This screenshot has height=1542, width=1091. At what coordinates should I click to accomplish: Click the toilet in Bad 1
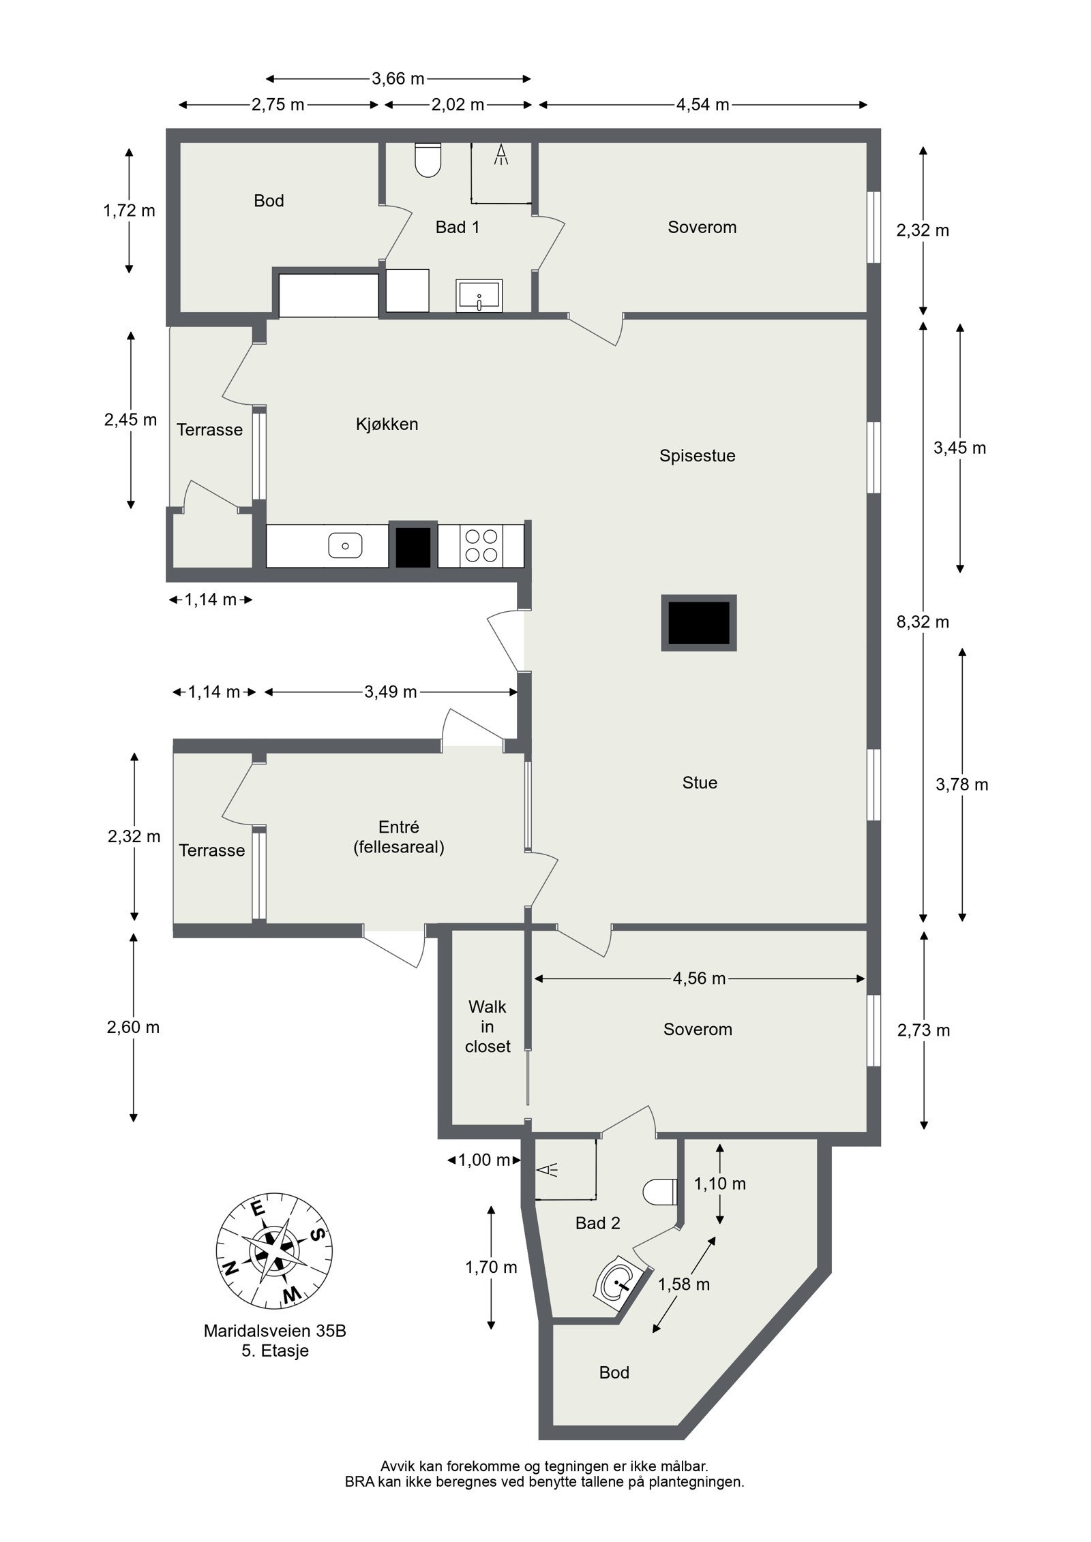428,160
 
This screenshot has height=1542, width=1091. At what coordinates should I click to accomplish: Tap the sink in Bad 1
479,295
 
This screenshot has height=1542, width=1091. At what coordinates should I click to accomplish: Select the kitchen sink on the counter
345,545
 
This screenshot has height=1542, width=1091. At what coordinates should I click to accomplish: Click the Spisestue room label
697,456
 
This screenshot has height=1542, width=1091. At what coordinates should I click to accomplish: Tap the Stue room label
700,782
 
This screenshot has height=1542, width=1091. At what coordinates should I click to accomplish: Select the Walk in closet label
488,1026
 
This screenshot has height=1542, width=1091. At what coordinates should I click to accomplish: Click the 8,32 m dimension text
923,621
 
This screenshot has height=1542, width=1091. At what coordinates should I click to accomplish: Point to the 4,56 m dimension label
699,978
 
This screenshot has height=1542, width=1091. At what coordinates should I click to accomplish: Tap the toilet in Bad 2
659,1192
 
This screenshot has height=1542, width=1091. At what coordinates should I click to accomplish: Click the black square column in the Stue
699,622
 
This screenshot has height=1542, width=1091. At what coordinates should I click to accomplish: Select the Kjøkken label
387,424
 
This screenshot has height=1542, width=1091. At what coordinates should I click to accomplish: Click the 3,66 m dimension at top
398,78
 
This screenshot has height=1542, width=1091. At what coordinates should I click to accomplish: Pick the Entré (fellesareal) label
399,837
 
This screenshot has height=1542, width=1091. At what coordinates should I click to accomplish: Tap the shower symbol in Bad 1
502,155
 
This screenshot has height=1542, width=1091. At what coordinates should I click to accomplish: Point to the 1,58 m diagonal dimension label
684,1284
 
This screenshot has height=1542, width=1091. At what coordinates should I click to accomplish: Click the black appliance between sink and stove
413,546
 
